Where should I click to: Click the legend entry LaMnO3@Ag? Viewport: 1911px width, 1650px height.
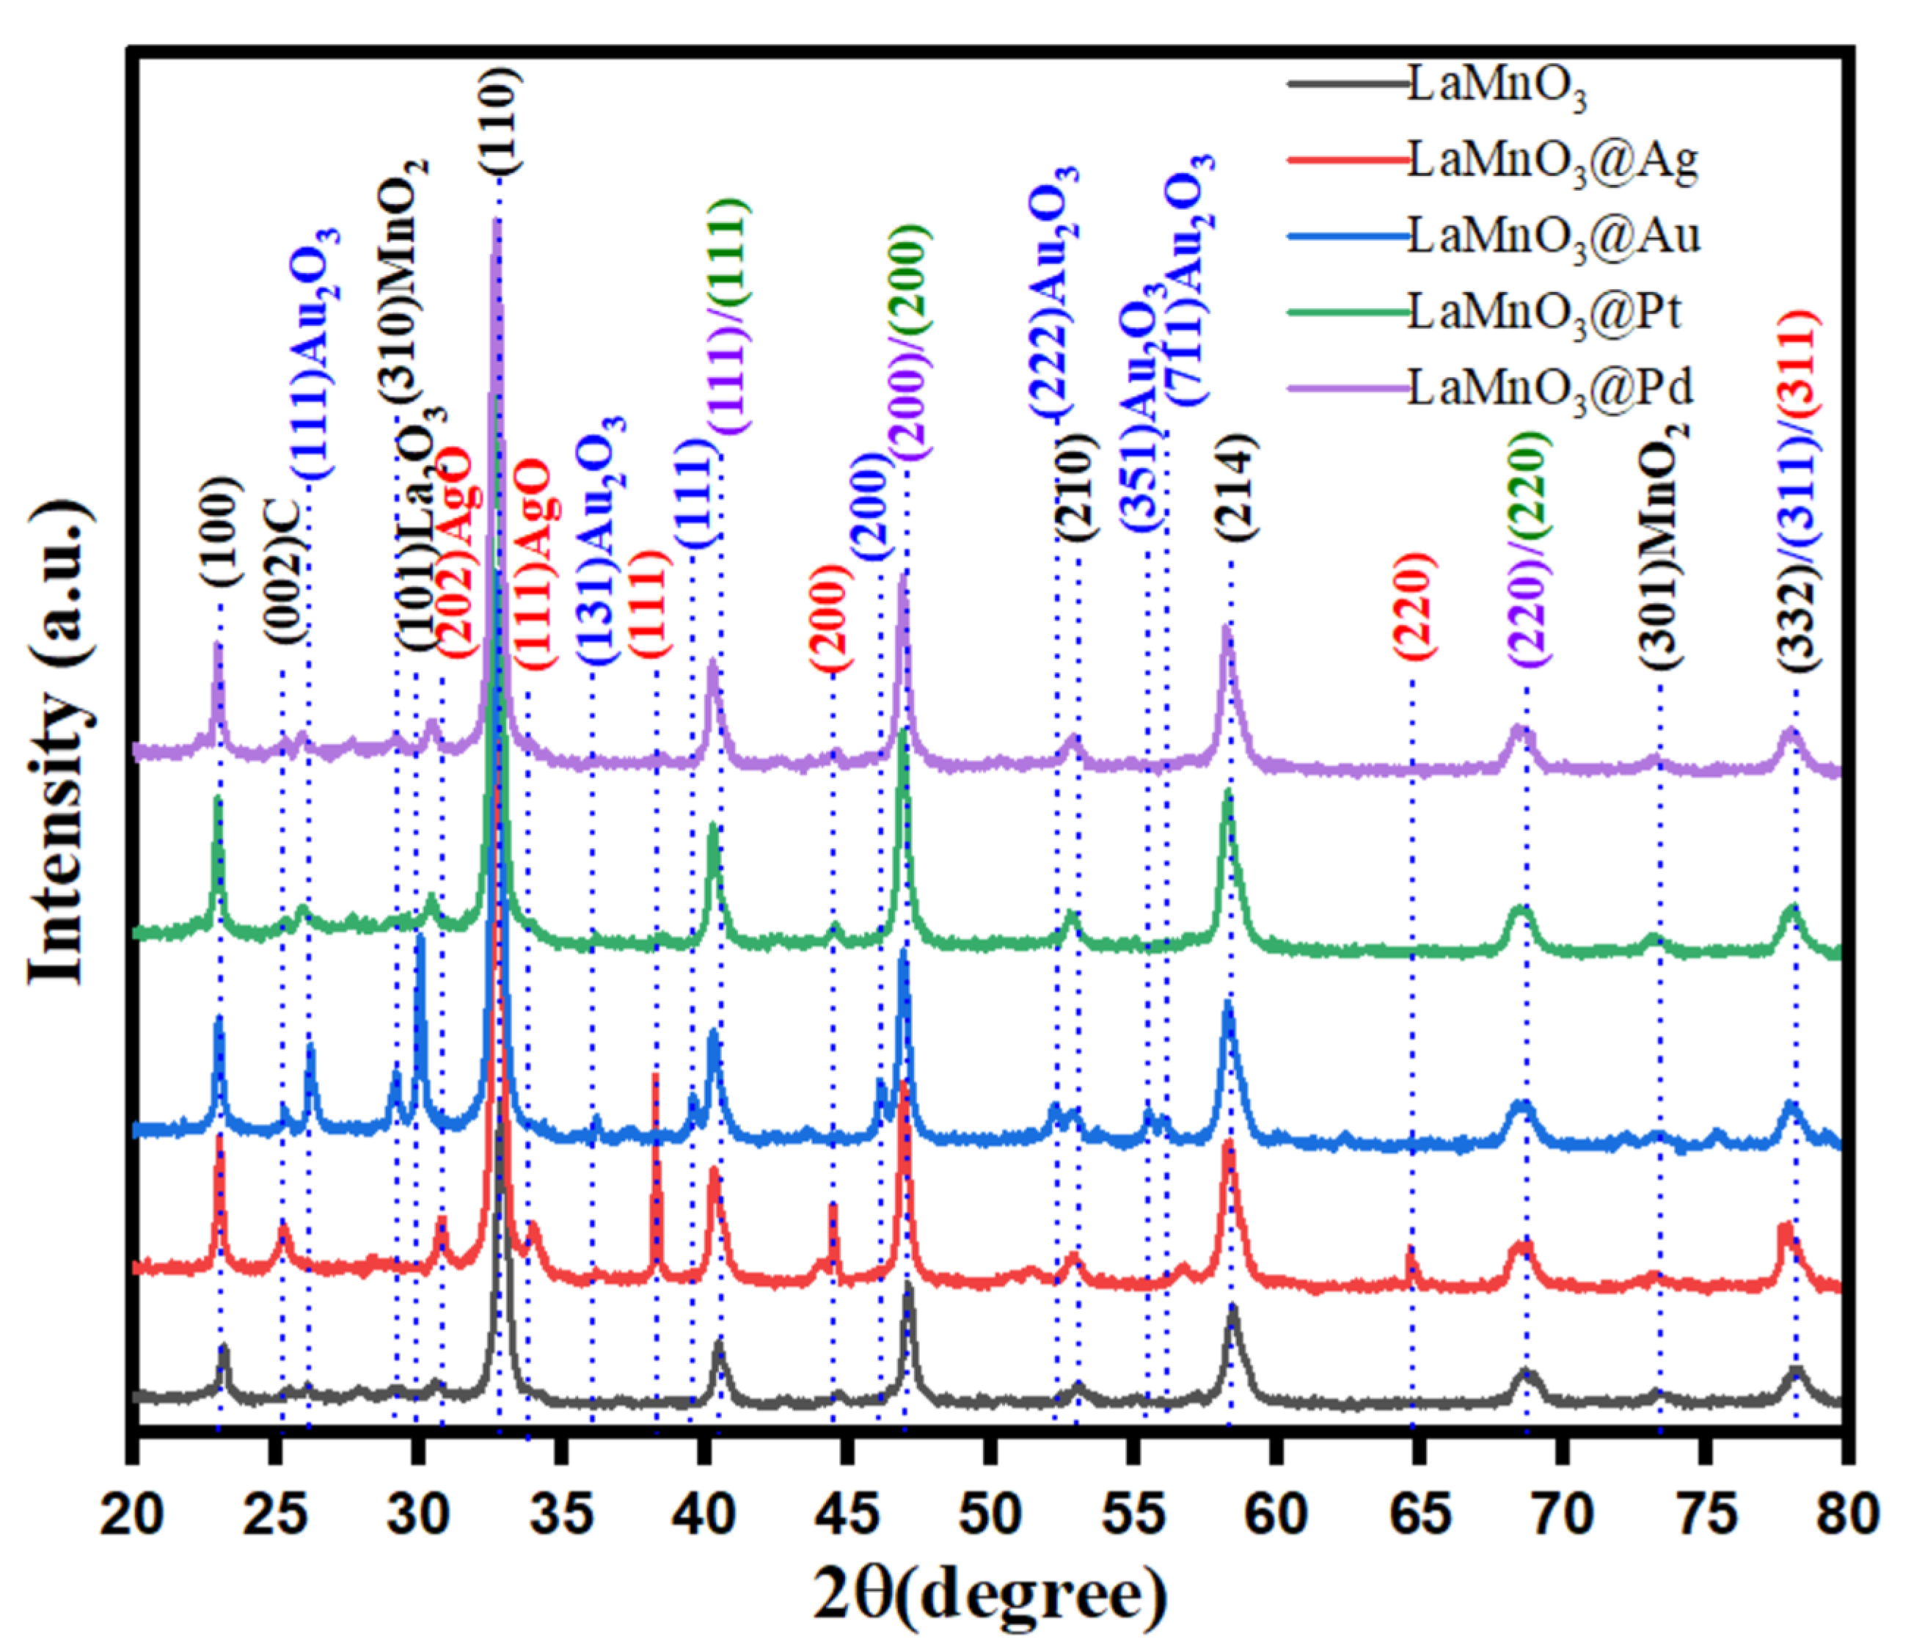point(1552,162)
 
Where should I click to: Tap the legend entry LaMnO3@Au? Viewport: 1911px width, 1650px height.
point(1554,238)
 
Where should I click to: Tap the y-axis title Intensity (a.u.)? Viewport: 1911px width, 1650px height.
point(60,742)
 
